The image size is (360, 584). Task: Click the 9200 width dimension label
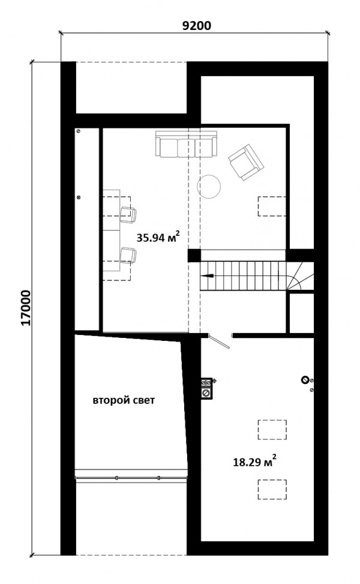[196, 25]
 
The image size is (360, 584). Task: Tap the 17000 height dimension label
[26, 308]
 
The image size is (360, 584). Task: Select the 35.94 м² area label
[158, 237]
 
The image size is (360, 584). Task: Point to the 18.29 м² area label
[254, 462]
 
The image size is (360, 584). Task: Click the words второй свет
[124, 401]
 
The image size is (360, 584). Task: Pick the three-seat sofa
[186, 144]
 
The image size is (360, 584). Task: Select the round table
[209, 187]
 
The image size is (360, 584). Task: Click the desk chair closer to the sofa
[128, 215]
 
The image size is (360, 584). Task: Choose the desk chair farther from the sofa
[128, 256]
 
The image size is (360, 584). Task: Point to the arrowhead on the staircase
[208, 276]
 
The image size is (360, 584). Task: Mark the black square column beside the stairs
[194, 256]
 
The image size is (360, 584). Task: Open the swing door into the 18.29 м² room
[220, 341]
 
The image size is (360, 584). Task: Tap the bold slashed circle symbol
[305, 380]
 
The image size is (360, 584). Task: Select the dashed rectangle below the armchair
[272, 206]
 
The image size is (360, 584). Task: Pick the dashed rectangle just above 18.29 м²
[272, 430]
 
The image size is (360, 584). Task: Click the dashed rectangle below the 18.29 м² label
[272, 489]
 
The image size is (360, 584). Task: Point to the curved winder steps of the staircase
[300, 276]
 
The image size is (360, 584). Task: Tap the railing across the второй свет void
[131, 478]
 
